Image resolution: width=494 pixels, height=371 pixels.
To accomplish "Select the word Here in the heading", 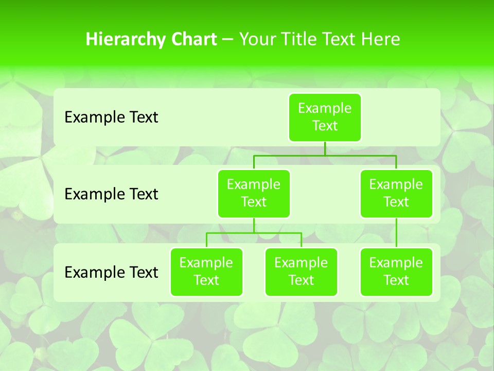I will click(x=381, y=40).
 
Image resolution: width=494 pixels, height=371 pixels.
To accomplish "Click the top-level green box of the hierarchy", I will click(x=325, y=117).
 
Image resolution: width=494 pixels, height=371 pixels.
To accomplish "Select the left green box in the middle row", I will click(x=254, y=194).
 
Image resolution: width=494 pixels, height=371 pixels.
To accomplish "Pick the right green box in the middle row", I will click(x=396, y=194).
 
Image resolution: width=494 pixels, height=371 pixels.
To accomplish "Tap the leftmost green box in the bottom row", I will click(x=206, y=272).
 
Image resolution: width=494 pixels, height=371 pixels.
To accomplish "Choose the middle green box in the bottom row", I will click(x=301, y=272).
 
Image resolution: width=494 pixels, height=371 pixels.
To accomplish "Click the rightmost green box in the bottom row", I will click(x=396, y=272).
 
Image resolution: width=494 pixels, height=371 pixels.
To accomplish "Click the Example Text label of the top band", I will click(x=111, y=117).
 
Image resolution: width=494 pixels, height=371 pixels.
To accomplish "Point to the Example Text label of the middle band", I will click(x=111, y=194).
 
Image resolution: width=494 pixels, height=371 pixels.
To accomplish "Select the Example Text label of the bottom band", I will click(x=111, y=272).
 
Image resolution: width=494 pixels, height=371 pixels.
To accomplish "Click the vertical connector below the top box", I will click(x=325, y=148).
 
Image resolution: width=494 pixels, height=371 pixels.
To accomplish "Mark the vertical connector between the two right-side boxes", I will click(x=396, y=233).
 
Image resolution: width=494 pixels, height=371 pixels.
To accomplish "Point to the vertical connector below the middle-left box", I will click(x=254, y=225).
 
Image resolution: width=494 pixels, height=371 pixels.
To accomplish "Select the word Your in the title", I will click(x=258, y=40).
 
